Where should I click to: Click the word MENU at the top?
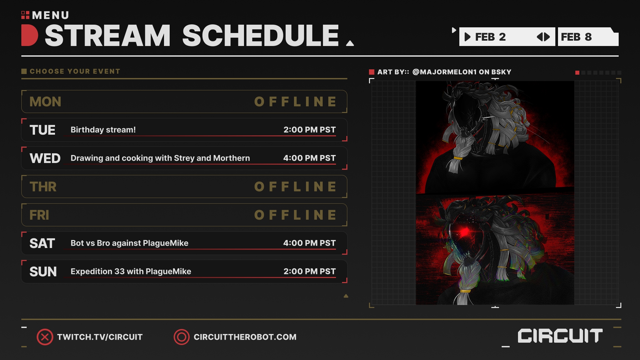point(51,15)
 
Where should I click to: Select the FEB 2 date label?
point(490,37)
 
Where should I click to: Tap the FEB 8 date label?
point(576,37)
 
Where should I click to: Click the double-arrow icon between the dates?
point(543,37)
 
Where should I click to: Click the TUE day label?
point(42,130)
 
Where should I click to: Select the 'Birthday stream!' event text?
point(103,130)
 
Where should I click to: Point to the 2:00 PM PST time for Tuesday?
point(309,130)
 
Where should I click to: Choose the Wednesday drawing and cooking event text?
point(160,158)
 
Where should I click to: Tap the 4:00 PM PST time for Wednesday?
point(309,158)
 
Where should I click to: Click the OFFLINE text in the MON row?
point(296,102)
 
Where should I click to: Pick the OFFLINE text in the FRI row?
point(296,215)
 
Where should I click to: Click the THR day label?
point(43,187)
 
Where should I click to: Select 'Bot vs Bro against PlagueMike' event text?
point(129,243)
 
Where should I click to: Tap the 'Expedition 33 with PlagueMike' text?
point(131,271)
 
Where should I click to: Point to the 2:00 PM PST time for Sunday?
point(309,271)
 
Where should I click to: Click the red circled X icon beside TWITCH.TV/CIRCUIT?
point(45,337)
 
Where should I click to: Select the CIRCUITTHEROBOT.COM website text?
point(245,337)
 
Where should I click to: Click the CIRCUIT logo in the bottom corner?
point(560,336)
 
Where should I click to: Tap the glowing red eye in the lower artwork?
point(463,231)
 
